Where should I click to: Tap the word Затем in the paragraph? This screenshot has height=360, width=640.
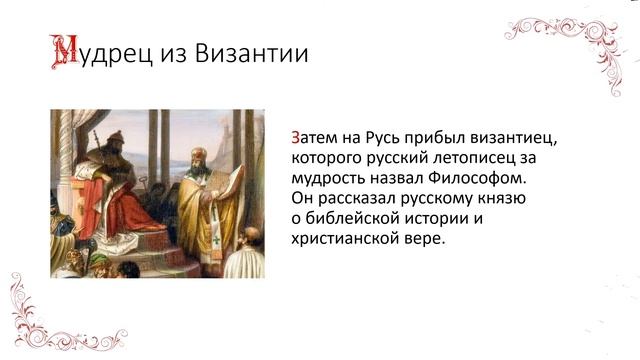tap(315, 138)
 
